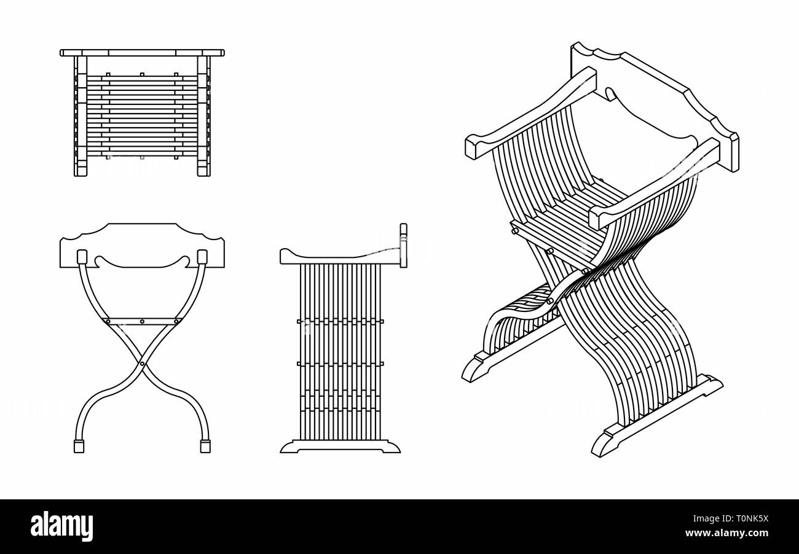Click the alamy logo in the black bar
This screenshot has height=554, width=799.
pos(61,526)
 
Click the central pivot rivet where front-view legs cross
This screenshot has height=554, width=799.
pos(142,364)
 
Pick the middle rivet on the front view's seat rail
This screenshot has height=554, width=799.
pos(142,321)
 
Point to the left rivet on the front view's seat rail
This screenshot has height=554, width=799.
pos(108,321)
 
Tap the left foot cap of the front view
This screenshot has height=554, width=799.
pos(79,447)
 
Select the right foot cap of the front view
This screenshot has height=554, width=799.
pos(205,447)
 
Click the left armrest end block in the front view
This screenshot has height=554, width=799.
pos(81,256)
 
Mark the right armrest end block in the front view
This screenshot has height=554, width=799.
pos(202,256)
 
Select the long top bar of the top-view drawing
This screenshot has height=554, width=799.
pos(142,53)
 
